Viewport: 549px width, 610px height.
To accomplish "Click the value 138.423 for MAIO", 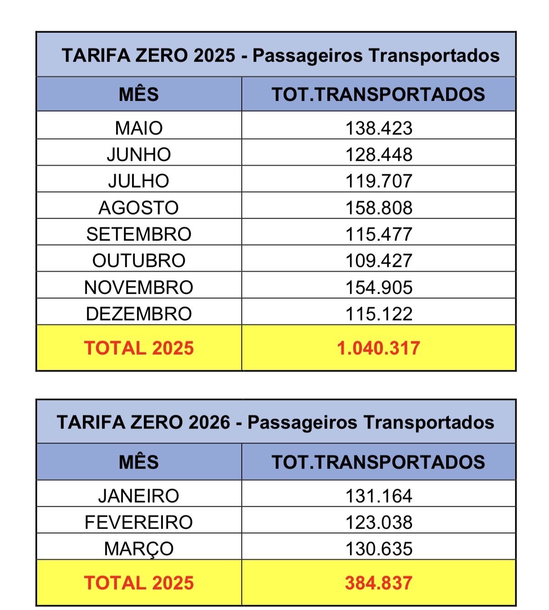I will pyautogui.click(x=379, y=128).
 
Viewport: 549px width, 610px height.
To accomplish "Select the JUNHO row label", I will pyautogui.click(x=139, y=155).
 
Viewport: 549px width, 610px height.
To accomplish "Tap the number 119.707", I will pyautogui.click(x=379, y=181).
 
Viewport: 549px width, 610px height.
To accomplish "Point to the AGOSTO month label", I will pyautogui.click(x=139, y=208).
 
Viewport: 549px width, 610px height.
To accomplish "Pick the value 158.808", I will pyautogui.click(x=379, y=208).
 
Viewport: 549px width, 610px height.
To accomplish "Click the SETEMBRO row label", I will pyautogui.click(x=139, y=234).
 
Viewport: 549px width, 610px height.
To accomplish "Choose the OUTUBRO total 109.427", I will pyautogui.click(x=379, y=261).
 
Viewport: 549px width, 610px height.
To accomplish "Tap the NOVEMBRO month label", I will pyautogui.click(x=139, y=288).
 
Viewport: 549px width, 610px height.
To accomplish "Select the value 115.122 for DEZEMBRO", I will pyautogui.click(x=379, y=314).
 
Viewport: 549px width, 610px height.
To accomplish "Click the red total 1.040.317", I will pyautogui.click(x=379, y=348).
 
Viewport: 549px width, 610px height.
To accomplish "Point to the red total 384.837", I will pyautogui.click(x=379, y=583).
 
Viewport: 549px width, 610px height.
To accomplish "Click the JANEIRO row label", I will pyautogui.click(x=139, y=496).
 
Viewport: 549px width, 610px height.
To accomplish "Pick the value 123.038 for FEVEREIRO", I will pyautogui.click(x=379, y=523).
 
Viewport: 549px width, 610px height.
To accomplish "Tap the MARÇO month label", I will pyautogui.click(x=139, y=549).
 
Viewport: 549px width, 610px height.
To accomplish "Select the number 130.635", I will pyautogui.click(x=379, y=549).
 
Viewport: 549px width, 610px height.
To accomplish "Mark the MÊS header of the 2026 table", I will pyautogui.click(x=139, y=462).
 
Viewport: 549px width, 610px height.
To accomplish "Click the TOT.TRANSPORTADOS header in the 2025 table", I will pyautogui.click(x=379, y=94).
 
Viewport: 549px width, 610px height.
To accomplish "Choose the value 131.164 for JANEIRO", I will pyautogui.click(x=379, y=496).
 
